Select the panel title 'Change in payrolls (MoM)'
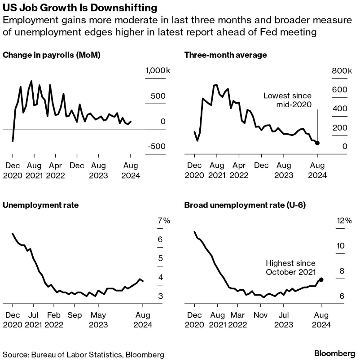tap(51, 55)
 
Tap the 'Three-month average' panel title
tap(226, 55)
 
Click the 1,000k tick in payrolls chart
tap(155, 71)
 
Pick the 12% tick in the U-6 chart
tap(344, 220)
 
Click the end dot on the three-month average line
tap(317, 143)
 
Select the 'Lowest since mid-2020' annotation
tap(287, 100)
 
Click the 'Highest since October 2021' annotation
tap(290, 268)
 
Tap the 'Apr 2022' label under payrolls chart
tap(59, 170)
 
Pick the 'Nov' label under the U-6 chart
tap(260, 315)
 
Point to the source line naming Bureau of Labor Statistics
tap(83, 354)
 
